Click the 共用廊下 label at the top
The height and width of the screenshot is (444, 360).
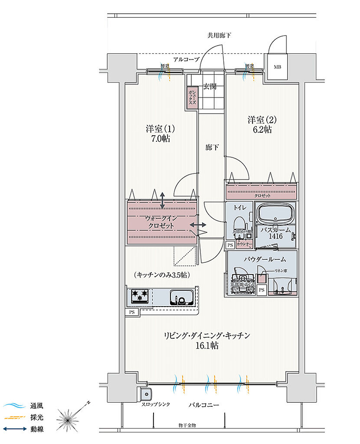click(x=219, y=35)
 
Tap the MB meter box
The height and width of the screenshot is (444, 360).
click(x=276, y=67)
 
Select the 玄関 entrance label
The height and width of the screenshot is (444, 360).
click(x=210, y=86)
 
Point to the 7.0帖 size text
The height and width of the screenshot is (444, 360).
click(x=160, y=139)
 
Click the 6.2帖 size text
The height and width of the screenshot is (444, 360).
click(x=262, y=129)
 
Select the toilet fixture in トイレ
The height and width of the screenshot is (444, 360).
click(x=239, y=225)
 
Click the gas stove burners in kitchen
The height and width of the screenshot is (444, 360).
click(x=139, y=297)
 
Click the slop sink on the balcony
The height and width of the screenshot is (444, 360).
click(x=146, y=395)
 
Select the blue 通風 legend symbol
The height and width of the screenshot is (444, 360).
click(x=14, y=406)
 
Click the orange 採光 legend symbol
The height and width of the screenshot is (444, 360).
click(x=14, y=418)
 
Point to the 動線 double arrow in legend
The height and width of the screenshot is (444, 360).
click(x=14, y=430)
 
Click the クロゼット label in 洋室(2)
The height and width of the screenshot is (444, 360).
click(x=261, y=196)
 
